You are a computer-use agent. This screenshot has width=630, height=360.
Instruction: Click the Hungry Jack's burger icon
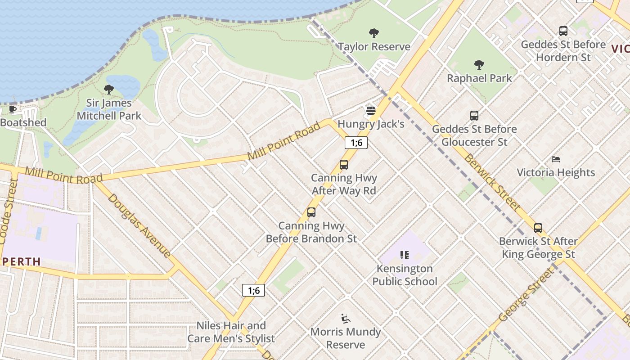370,110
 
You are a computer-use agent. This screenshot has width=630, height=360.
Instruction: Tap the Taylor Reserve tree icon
373,33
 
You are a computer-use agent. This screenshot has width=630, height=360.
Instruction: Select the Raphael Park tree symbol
479,65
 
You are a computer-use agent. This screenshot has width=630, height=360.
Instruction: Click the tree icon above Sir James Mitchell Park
108,89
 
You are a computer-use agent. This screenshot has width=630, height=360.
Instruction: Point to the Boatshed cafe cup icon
13,109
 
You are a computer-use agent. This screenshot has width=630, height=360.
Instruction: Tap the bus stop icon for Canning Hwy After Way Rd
344,164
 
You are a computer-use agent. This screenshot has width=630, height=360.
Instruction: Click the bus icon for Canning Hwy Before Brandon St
311,212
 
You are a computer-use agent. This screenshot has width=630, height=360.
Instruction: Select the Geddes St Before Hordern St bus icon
563,31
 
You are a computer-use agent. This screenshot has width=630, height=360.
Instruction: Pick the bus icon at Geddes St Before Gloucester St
474,116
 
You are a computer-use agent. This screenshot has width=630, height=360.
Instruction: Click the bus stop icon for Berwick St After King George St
538,228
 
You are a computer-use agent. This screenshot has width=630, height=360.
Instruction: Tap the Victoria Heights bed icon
556,159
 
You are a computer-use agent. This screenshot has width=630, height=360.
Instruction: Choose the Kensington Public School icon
404,255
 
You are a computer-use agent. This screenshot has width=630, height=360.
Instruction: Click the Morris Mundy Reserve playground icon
345,319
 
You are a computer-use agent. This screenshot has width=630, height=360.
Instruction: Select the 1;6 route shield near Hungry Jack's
356,143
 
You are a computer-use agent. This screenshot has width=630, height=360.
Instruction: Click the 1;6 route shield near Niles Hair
254,290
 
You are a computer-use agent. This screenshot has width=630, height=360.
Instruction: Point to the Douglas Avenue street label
139,226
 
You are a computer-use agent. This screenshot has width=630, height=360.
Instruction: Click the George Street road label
526,294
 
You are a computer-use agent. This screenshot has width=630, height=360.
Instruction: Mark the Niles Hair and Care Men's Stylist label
231,332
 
